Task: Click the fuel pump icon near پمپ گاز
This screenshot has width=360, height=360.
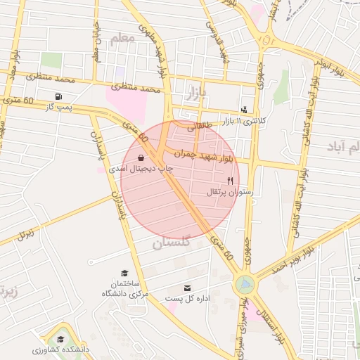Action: pyautogui.click(x=57, y=96)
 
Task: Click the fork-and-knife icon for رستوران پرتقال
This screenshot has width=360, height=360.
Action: pyautogui.click(x=229, y=181)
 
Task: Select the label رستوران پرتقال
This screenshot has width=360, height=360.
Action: pyautogui.click(x=229, y=192)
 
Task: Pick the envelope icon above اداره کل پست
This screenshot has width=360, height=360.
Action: pyautogui.click(x=187, y=288)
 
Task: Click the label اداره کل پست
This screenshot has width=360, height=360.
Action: pyautogui.click(x=188, y=299)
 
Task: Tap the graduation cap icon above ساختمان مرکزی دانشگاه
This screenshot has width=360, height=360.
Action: pyautogui.click(x=124, y=272)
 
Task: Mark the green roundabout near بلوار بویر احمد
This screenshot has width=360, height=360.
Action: pyautogui.click(x=245, y=284)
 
